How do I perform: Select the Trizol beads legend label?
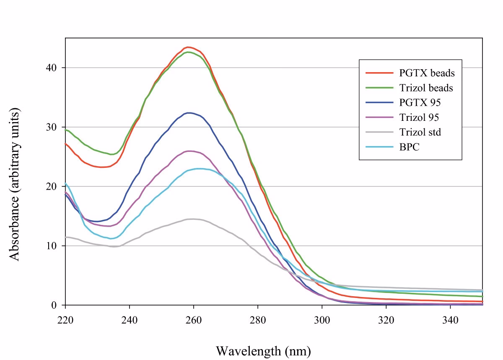pyautogui.click(x=426, y=88)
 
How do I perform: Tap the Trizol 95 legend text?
pyautogui.click(x=419, y=117)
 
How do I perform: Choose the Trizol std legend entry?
pyautogui.click(x=420, y=132)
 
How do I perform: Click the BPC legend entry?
pyautogui.click(x=407, y=147)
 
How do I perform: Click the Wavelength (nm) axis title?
pyautogui.click(x=263, y=350)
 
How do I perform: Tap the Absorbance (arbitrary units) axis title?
pyautogui.click(x=15, y=185)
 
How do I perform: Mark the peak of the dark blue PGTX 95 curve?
pyautogui.click(x=189, y=112)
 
